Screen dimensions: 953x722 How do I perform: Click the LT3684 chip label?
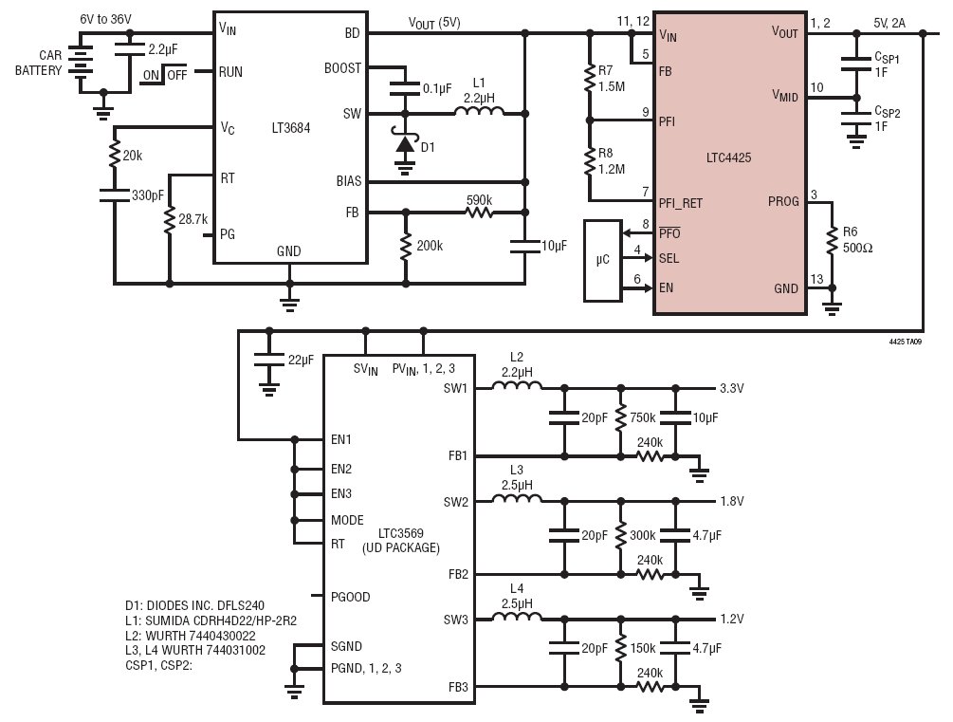point(290,128)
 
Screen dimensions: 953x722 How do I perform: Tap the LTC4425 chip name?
point(728,157)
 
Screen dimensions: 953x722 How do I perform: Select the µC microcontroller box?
point(602,260)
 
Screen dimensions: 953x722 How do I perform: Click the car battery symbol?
point(81,61)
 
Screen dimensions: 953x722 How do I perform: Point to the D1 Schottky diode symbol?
point(404,143)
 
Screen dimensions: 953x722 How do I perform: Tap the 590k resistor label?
point(479,199)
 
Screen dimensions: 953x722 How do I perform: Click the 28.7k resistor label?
point(193,219)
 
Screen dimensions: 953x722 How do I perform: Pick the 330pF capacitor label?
point(148,195)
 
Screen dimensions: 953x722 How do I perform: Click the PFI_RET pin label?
point(680,203)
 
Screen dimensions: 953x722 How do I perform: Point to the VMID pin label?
point(784,96)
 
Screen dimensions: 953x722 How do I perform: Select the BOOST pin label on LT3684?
point(342,68)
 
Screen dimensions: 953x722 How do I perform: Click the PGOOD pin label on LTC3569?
point(350,597)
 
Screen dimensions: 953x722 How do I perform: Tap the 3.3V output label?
point(732,388)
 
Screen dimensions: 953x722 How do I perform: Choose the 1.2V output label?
point(732,619)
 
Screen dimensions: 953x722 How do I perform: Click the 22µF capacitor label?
point(301,360)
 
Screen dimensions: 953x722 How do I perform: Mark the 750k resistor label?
point(642,417)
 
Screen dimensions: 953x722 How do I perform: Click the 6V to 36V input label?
point(105,19)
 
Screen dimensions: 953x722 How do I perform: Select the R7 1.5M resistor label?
point(612,79)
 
